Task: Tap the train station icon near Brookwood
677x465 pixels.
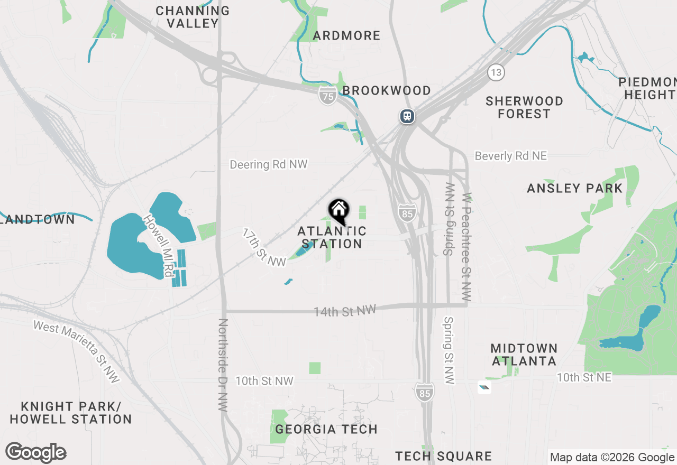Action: point(407,116)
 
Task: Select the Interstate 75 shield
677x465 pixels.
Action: point(328,96)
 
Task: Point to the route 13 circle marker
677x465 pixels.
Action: point(496,72)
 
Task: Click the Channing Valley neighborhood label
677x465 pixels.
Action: point(193,17)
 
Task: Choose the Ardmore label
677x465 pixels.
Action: point(346,35)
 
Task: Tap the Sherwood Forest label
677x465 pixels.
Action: point(524,107)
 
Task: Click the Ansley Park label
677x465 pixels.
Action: point(575,188)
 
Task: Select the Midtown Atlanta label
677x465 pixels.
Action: point(524,355)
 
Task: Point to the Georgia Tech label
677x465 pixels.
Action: point(326,429)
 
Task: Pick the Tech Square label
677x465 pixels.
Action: point(443,456)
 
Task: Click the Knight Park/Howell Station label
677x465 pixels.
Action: point(70,413)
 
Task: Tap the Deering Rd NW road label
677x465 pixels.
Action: point(268,164)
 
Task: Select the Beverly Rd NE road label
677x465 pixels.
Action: point(510,156)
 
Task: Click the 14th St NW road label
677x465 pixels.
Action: point(344,311)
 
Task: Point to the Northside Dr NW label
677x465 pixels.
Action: point(223,365)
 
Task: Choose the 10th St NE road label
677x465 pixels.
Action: point(583,377)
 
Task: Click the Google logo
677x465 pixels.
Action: point(35,453)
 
